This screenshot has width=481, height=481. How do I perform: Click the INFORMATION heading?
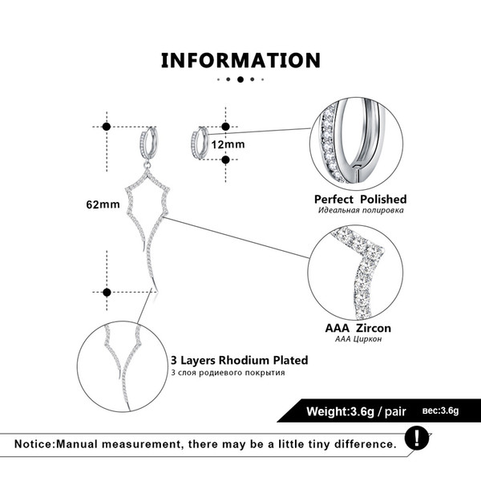coord(240,60)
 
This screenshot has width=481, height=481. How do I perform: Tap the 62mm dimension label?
coord(103,204)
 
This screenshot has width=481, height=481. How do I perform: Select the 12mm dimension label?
coord(228,144)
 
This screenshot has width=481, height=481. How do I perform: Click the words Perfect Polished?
coord(361,200)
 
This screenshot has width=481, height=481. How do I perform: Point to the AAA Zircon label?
coord(358,328)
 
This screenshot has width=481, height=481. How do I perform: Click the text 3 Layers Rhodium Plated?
coord(239,360)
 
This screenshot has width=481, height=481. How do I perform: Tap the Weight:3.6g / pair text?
coord(356,411)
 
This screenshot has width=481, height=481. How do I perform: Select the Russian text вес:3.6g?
coord(440,410)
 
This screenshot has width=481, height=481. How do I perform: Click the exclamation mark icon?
coord(417,438)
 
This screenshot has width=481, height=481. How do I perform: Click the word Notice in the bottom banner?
coord(34,444)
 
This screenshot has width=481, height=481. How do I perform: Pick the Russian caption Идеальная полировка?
coord(361,210)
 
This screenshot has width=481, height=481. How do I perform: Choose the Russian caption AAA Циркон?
coord(358,339)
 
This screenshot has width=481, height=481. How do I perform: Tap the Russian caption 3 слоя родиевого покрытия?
coord(228,373)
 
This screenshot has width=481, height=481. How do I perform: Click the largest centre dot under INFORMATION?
coord(240,79)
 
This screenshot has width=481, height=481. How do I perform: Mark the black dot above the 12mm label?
coord(225,127)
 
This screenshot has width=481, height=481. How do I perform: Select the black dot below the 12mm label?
coord(225,160)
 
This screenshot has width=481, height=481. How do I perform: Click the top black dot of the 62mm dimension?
coord(107,127)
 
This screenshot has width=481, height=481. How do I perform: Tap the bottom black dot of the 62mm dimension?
coord(107,293)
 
